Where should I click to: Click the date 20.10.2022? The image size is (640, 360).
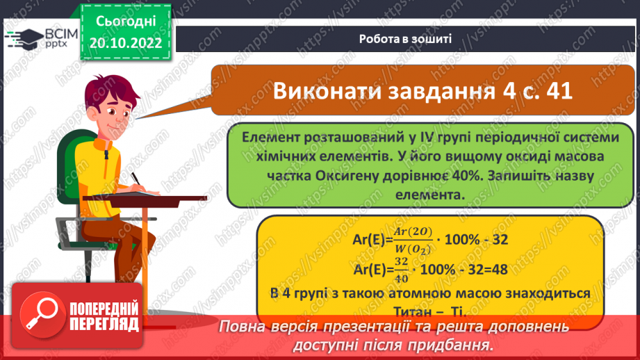coord(125,43)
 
